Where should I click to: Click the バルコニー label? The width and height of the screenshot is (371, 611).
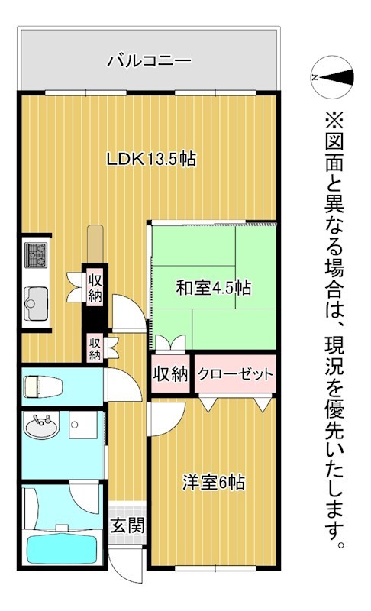[149, 59]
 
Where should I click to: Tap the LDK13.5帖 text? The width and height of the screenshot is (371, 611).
[150, 160]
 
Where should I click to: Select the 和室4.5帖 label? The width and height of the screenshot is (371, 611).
[214, 288]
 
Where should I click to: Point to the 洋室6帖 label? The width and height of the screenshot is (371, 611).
[214, 483]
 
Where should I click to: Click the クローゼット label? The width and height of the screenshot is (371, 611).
[235, 374]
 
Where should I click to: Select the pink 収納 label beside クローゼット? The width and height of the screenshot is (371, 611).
[169, 374]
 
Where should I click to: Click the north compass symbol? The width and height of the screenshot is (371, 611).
[333, 76]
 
